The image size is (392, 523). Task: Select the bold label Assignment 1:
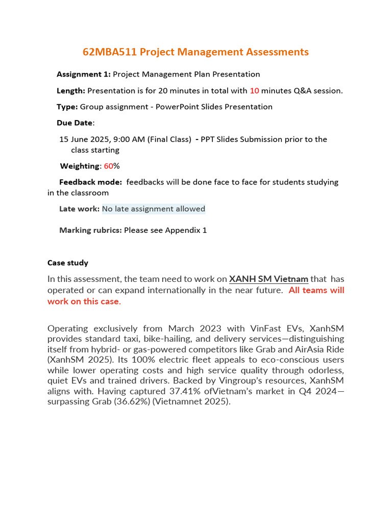pos(83,74)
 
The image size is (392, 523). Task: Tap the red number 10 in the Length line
pos(255,91)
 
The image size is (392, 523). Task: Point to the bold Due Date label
pos(75,123)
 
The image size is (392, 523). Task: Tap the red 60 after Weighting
pos(108,166)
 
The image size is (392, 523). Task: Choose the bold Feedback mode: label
pos(90,182)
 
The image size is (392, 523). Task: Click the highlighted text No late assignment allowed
pos(154,209)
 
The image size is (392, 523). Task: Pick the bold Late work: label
pos(79,209)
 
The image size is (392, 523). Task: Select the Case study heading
pos(68,263)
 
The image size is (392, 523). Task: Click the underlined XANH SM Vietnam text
pos(268,279)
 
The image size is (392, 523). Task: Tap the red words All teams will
pos(316,290)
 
